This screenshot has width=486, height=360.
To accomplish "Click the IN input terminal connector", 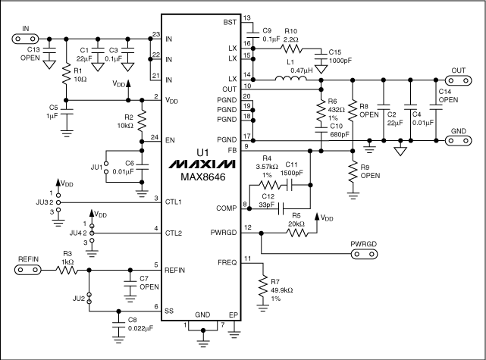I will [x=25, y=36].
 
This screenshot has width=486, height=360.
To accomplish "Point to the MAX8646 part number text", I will [x=200, y=178].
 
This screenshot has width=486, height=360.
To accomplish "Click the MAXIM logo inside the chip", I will [x=200, y=164].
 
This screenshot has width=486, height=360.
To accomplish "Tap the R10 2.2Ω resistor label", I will [x=292, y=35].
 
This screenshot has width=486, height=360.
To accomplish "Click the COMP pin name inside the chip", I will [x=223, y=207].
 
